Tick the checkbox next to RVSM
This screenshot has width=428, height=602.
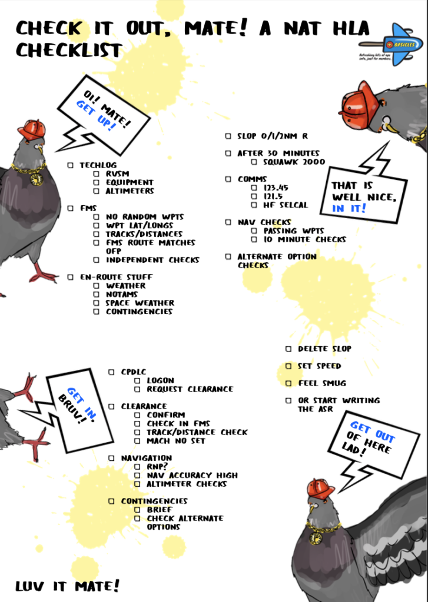[x=97, y=174]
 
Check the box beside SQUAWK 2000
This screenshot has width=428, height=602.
[x=254, y=162]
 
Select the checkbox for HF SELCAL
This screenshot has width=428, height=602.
[x=254, y=205]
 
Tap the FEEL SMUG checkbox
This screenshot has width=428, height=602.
[x=288, y=383]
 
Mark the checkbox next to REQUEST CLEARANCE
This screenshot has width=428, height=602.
[x=137, y=389]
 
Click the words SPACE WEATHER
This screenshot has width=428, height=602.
[x=140, y=303]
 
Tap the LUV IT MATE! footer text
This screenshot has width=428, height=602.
[x=67, y=586]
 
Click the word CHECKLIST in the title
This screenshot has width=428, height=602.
[x=69, y=51]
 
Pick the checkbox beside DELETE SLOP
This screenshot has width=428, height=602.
[x=288, y=349]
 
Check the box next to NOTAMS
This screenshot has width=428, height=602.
[x=97, y=295]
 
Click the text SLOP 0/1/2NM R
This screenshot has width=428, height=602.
[x=273, y=136]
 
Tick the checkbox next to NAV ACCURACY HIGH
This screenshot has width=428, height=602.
[x=137, y=475]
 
